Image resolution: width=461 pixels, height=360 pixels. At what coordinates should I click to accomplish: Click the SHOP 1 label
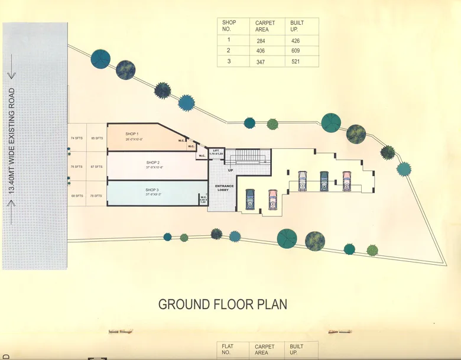click(131, 134)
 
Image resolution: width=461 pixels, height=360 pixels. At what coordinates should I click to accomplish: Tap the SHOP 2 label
click(153, 162)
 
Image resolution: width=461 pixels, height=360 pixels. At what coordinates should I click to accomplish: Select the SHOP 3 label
click(153, 189)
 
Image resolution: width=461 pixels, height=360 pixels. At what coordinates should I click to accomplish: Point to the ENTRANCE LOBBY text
click(225, 187)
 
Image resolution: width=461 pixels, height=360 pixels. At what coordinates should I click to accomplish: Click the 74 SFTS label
click(76, 138)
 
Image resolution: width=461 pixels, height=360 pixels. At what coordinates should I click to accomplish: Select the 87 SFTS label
click(96, 167)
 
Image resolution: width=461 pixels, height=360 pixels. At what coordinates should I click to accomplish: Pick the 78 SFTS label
click(96, 195)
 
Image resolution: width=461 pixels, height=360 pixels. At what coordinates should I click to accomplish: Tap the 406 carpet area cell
click(261, 51)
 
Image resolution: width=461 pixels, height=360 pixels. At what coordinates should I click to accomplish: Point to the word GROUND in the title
click(184, 304)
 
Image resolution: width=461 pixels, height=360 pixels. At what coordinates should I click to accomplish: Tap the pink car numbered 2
click(272, 199)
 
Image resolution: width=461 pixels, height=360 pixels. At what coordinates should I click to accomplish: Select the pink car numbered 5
click(346, 180)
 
